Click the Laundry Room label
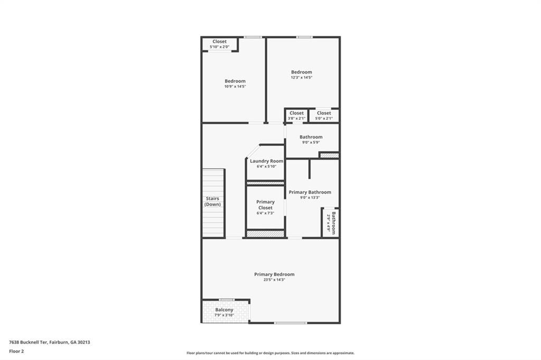pos(266,161)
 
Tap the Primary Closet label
pos(265,205)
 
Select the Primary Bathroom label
pos(310,192)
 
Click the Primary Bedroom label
pos(274,274)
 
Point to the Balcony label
pos(224,310)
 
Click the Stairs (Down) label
pos(213,201)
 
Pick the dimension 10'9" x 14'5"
pos(235,87)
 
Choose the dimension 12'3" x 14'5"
pos(302,78)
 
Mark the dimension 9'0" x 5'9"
pos(311,143)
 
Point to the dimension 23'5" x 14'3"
pos(274,280)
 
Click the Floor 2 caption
pos(16,351)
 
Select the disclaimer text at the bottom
pos(270,353)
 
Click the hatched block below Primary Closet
pos(266,233)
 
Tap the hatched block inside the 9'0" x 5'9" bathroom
pos(329,155)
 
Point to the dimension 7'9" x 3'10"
pos(224,315)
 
